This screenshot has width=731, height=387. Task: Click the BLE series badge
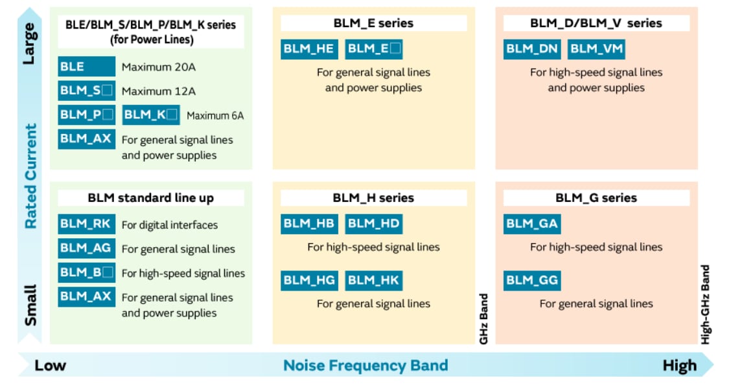point(86,67)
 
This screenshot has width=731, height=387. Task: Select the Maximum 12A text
point(158,91)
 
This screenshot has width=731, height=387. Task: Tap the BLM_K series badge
point(150,115)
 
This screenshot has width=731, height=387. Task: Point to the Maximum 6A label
point(215,116)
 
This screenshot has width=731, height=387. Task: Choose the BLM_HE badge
point(308,49)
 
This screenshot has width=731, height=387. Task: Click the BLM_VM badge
point(596,49)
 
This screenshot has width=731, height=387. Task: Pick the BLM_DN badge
point(532,49)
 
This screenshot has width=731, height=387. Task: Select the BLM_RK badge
point(86,225)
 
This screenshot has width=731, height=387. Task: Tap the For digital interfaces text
point(170,225)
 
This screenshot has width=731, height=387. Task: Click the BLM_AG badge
point(86,249)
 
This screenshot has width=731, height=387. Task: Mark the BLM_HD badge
point(373,224)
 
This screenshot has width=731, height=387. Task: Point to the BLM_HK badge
point(373,280)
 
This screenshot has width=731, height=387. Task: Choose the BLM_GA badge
point(531,224)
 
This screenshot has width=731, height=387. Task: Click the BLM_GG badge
point(531,280)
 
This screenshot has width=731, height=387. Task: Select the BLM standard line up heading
point(151,198)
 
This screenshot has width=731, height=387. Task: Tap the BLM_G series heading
point(596,198)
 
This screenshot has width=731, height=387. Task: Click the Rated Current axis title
point(30,176)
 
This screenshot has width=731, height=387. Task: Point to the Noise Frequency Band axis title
point(365,366)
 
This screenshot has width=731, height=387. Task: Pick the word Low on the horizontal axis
point(51,366)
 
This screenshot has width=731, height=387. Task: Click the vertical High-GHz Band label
point(706,304)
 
